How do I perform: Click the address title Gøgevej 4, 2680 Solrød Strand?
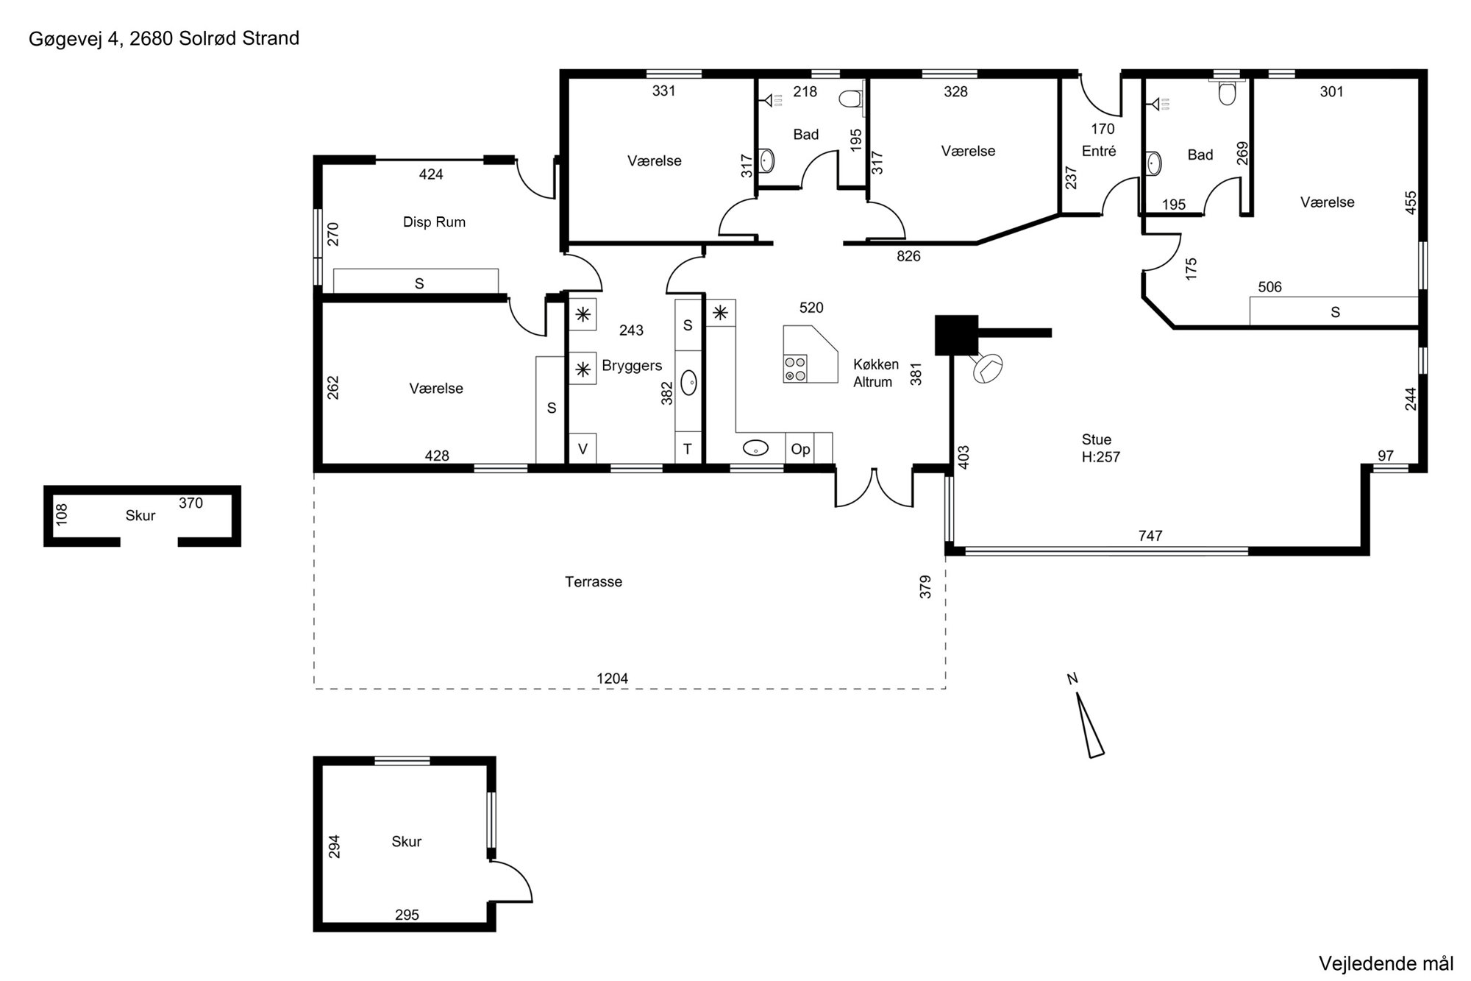coord(164,39)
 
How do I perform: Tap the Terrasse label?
coord(594,582)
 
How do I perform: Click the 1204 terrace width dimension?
coord(612,679)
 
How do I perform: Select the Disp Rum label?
coord(434,222)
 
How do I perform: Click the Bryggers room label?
coord(632,366)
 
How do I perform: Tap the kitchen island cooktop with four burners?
coord(795,368)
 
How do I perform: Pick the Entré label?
coord(1099,151)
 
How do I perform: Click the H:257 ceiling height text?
coord(1101,457)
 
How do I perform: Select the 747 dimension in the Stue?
coord(1150,536)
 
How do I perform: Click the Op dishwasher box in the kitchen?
coord(800,448)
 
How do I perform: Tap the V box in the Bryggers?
coord(583,448)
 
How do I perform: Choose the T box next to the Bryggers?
coord(688,448)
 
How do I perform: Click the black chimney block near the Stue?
coord(956,335)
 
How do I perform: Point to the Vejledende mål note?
coord(1386,963)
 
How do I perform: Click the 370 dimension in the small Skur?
coord(190,503)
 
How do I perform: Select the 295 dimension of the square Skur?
coord(407,915)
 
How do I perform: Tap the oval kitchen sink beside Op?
coord(755,447)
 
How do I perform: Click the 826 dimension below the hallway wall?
coord(908,256)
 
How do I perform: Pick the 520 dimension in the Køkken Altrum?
coord(811,308)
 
